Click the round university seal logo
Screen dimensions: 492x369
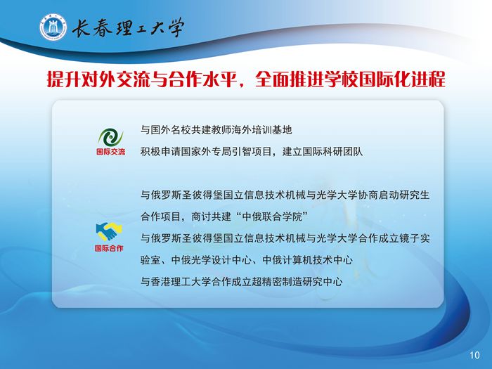[53, 27]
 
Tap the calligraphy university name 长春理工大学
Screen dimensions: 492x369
[128, 27]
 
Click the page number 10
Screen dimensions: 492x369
[474, 355]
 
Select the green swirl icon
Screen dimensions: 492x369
[110, 137]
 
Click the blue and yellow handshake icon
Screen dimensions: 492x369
[109, 231]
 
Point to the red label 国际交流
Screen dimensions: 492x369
[110, 152]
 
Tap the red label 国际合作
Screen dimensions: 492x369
[109, 248]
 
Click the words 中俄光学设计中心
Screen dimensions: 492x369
[212, 260]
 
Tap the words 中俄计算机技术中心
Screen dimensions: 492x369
[308, 260]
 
